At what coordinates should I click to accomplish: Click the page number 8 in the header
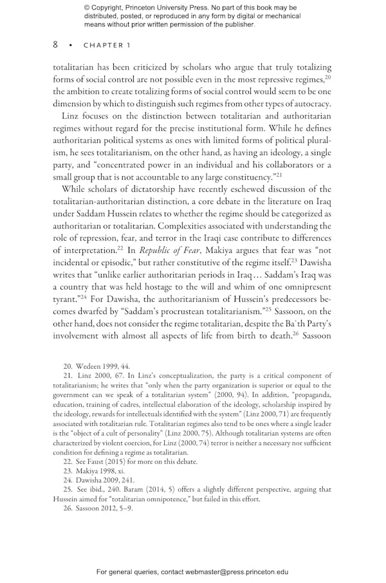[56, 45]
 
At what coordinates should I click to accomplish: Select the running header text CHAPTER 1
[107, 46]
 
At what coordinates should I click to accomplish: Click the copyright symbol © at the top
[87, 8]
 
